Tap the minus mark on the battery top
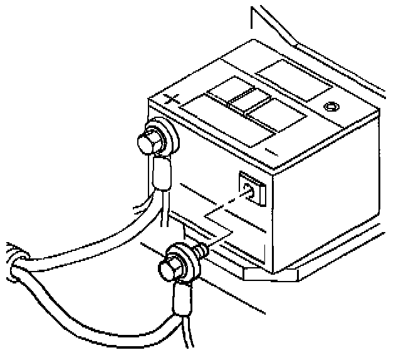271,151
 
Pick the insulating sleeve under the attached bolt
160,174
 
